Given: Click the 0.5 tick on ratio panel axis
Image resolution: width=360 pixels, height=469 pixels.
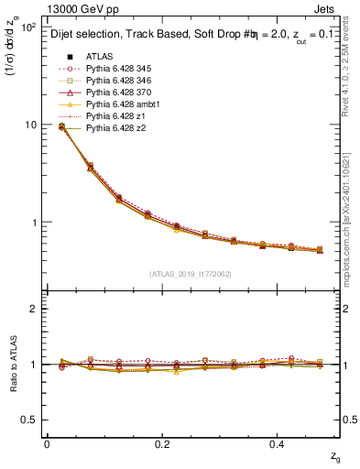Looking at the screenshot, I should [x=31, y=420].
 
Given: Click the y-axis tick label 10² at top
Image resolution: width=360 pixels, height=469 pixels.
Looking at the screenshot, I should [x=29, y=27].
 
